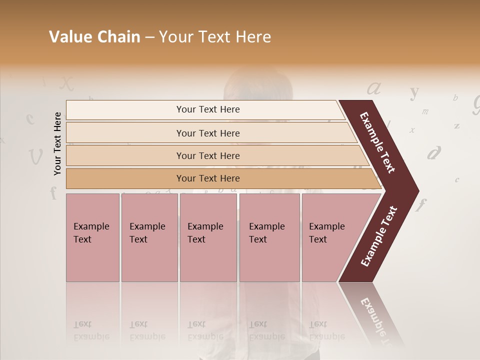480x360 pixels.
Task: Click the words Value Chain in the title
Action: (x=94, y=37)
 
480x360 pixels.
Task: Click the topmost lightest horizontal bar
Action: (x=205, y=109)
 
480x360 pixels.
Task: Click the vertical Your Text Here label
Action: (x=57, y=144)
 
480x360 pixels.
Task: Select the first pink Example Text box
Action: (x=92, y=237)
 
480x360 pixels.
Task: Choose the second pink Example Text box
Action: (x=149, y=237)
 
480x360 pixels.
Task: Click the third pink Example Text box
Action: (x=208, y=237)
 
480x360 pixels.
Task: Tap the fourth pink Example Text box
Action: (x=269, y=237)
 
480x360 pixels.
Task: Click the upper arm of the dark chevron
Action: (x=378, y=142)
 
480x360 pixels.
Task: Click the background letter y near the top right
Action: (x=414, y=92)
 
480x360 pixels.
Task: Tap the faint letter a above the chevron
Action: (x=374, y=88)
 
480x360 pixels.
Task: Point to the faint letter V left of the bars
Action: (x=35, y=157)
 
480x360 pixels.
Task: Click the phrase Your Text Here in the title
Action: (x=215, y=37)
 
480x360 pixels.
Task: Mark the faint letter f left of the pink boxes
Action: (x=53, y=192)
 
